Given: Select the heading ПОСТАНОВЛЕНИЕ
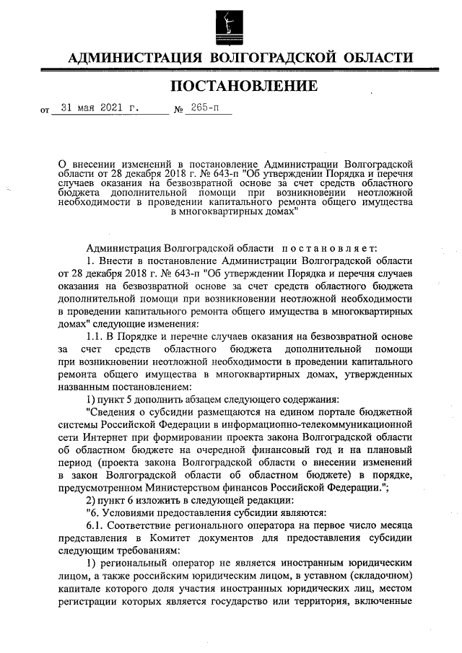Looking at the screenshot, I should pos(243,87).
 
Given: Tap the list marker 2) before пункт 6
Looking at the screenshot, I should pos(92,500).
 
